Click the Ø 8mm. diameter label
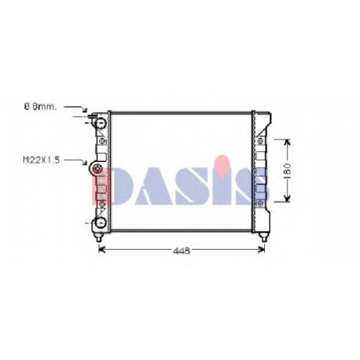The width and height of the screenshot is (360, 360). click(40, 107)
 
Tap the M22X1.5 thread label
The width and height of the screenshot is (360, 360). click(41, 160)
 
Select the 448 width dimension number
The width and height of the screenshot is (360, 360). click(181, 251)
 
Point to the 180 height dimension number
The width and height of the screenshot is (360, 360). click(287, 171)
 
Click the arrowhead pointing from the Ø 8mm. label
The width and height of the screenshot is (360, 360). click(84, 109)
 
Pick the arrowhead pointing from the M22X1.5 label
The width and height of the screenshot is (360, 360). click(84, 163)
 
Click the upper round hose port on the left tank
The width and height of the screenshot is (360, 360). click(101, 123)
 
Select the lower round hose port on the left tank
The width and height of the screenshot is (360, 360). click(101, 222)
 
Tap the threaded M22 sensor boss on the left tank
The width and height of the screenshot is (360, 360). click(96, 169)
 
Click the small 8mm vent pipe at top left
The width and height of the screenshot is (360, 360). click(92, 117)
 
